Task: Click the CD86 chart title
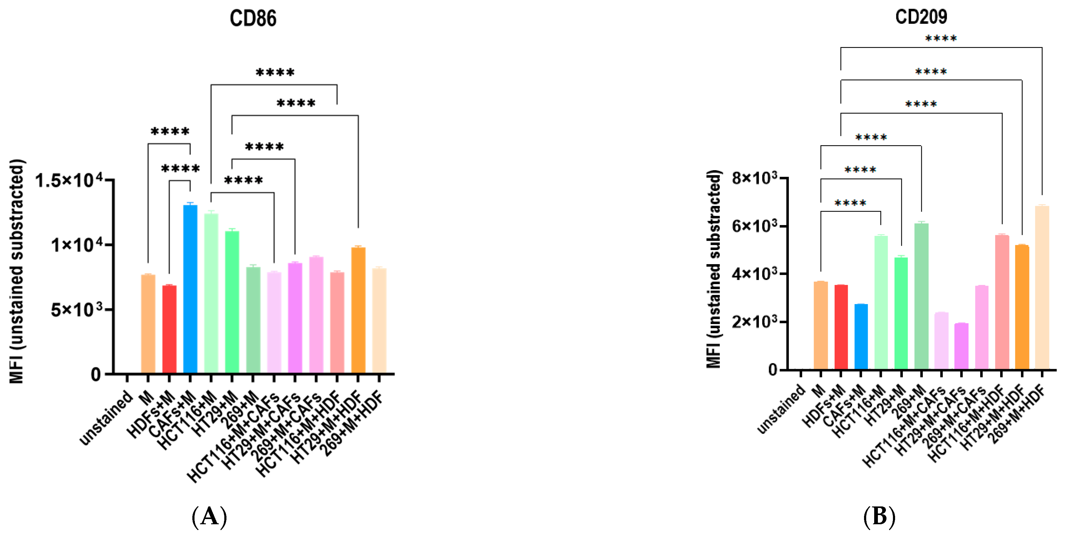point(253,19)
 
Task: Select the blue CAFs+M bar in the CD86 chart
point(190,289)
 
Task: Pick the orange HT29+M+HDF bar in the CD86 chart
point(358,310)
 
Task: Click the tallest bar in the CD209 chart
point(1042,287)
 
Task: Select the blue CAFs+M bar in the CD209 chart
point(861,337)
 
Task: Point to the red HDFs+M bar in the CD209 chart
point(841,327)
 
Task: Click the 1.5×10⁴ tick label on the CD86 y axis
point(69,181)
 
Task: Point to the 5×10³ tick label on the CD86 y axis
point(77,310)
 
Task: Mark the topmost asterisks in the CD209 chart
point(941,39)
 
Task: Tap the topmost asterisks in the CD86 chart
point(275,73)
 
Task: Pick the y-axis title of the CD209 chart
point(714,268)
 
